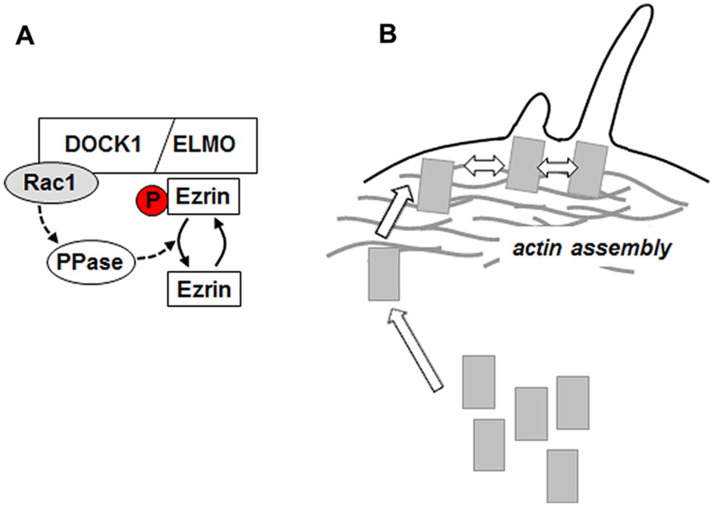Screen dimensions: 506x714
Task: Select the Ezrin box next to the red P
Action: [x=203, y=196]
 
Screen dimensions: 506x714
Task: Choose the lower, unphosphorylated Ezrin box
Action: [x=203, y=289]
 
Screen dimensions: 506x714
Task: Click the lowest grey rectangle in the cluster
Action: [x=562, y=476]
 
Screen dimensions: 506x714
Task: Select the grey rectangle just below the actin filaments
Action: [x=384, y=274]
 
